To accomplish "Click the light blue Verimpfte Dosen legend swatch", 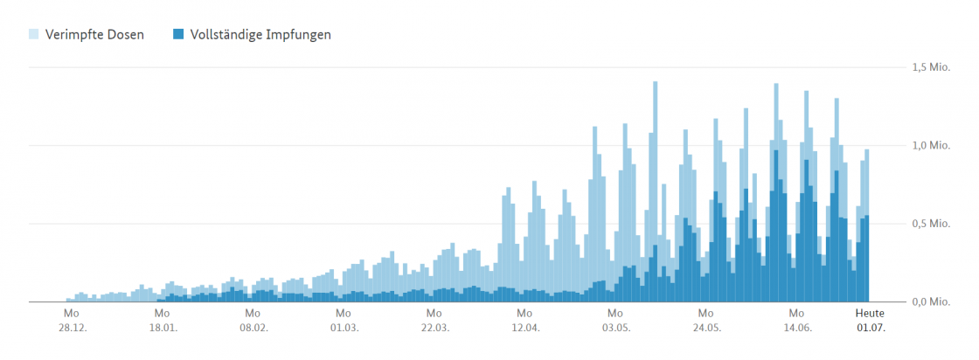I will [34, 35].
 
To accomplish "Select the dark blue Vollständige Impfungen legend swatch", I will [178, 35].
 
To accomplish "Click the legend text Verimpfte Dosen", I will [94, 35].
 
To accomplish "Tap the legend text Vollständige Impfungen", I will [260, 35].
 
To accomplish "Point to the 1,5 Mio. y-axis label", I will [931, 67].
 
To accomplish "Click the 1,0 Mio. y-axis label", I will [931, 146].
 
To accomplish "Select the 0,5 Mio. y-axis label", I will [931, 224].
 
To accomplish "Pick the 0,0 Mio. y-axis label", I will [931, 302].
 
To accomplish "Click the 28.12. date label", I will [72, 329].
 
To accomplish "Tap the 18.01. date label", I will [163, 329].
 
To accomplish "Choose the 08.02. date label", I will [253, 329].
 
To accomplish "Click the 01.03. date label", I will [344, 329].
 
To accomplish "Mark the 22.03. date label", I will [434, 329].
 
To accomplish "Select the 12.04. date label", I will [524, 329].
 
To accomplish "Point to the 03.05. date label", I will [615, 329].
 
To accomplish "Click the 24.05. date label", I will [705, 329].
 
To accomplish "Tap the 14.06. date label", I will [796, 329].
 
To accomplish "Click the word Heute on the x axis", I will [870, 313].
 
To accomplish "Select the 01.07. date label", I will [870, 329].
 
